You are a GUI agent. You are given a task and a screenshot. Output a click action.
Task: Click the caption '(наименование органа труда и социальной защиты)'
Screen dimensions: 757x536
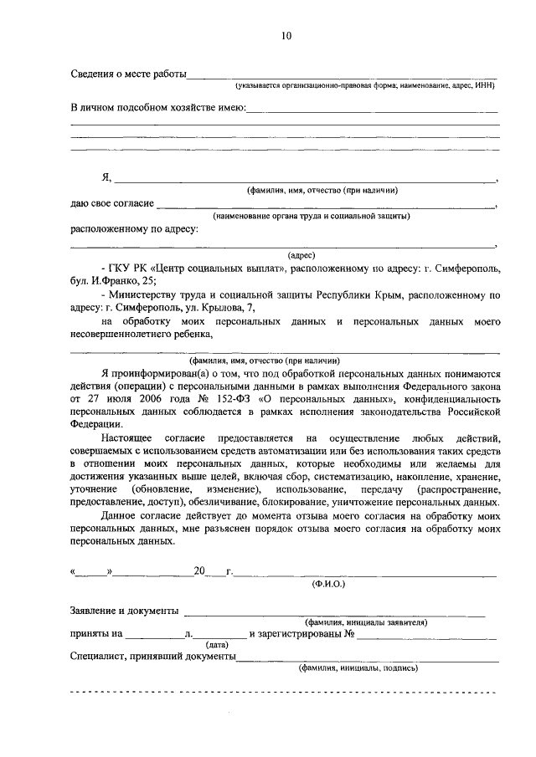[311, 216]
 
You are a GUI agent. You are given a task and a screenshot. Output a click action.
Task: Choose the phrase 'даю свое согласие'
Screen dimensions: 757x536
[112, 204]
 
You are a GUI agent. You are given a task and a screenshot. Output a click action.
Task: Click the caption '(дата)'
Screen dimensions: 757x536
[217, 645]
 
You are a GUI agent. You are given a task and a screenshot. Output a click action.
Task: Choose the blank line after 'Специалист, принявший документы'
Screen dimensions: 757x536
[368, 658]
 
